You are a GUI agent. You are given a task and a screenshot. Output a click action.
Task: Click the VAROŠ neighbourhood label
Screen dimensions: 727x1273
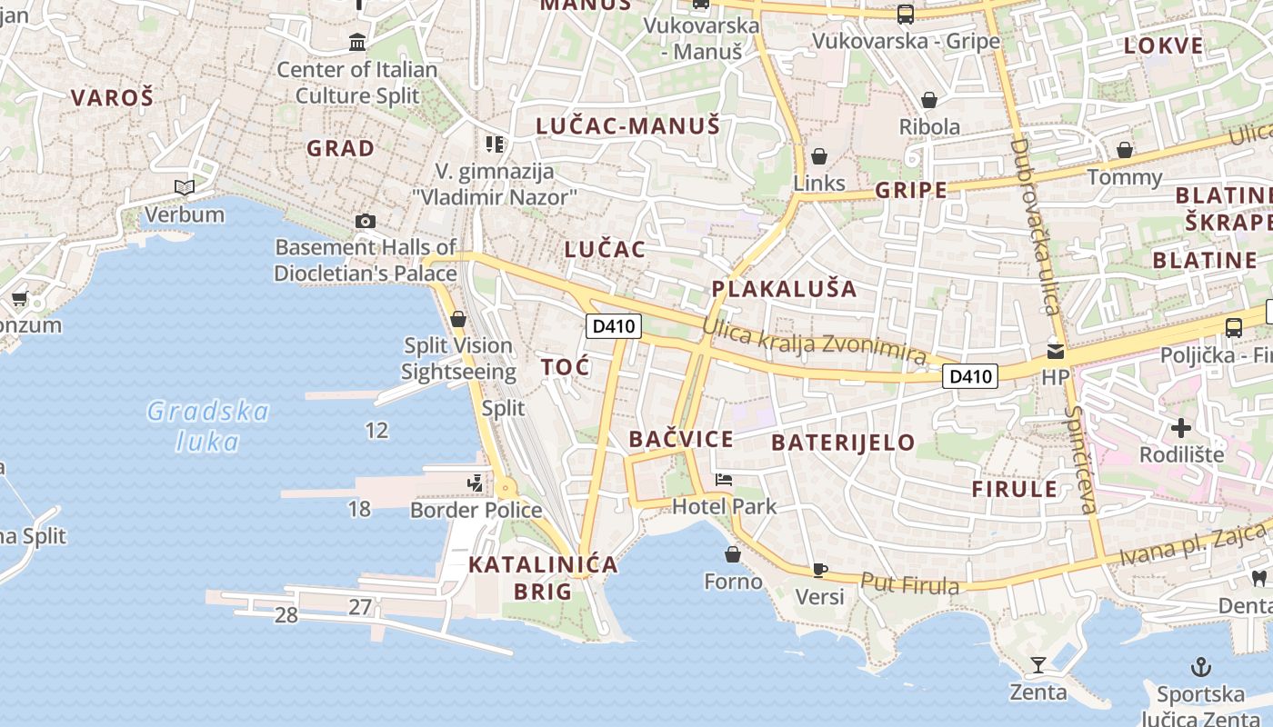[x=112, y=98]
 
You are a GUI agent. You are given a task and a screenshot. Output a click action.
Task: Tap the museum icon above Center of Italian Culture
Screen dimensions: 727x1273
[x=357, y=42]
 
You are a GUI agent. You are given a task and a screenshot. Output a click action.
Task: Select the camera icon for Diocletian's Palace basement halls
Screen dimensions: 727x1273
[x=366, y=221]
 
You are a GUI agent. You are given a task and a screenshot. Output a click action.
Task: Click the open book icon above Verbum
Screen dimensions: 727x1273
[x=185, y=188]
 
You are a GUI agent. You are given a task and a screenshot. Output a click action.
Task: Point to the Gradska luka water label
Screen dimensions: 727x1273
[x=208, y=426]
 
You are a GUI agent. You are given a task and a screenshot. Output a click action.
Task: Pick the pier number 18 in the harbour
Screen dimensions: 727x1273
[x=359, y=509]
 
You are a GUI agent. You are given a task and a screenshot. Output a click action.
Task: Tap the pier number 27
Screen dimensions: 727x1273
[x=360, y=607]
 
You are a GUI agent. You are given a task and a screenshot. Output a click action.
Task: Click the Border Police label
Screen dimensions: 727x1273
[x=476, y=510]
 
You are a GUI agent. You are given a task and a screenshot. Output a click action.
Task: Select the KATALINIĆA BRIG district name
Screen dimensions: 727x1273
[x=543, y=578]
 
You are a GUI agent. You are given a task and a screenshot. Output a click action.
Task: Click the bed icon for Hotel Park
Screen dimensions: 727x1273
[x=724, y=480]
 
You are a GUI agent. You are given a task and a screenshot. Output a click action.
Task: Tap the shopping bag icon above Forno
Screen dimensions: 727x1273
[x=733, y=553]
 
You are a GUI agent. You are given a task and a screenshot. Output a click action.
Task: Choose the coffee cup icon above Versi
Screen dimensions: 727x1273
[x=819, y=570]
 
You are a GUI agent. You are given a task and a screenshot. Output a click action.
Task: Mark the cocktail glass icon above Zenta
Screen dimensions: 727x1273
[x=1037, y=665]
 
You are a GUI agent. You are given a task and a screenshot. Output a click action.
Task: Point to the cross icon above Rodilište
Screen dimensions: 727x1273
[x=1181, y=427]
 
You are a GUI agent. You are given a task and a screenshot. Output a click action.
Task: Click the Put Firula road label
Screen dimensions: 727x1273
[x=909, y=583]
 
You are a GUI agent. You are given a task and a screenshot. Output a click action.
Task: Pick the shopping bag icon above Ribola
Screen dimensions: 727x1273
[x=929, y=100]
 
